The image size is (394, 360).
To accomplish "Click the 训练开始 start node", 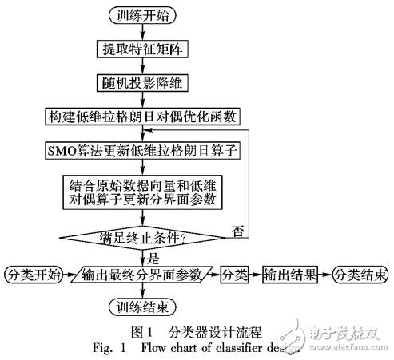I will coord(142,14).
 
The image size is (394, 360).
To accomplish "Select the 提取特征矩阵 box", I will coord(141,48).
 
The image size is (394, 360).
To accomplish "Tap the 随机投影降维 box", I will coord(141,82).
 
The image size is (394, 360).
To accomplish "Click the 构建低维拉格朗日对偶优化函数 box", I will coord(142,116).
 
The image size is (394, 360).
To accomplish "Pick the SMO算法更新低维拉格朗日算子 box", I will coord(142,149).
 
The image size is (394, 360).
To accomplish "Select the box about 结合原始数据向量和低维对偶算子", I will coord(143,192).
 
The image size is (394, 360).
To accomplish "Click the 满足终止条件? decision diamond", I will coord(142,237).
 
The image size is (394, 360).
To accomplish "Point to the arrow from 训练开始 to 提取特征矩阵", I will coord(142,31).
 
